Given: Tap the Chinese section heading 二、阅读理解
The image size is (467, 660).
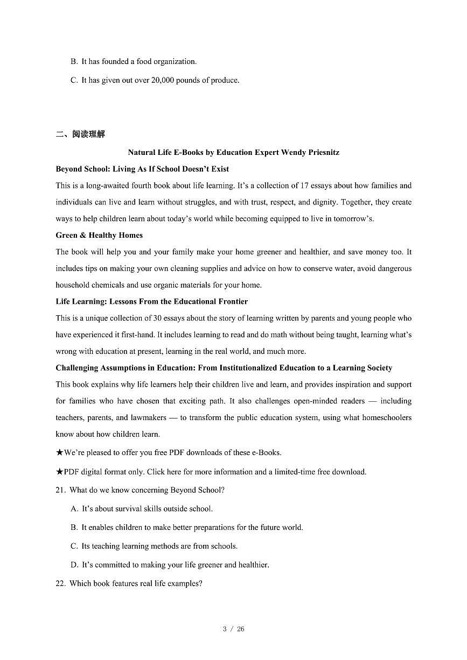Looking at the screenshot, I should pos(80,134).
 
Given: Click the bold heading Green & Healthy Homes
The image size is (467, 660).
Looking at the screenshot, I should pos(99,235).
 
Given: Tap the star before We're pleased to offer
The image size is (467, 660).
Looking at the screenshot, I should pos(59,453).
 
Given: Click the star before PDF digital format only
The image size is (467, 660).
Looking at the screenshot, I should pos(59,472).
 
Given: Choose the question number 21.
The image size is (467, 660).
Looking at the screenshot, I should pos(60,490).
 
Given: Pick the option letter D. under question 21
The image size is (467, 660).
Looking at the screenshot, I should pos(74,565).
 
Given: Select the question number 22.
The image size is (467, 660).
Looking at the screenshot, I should pos(60,584).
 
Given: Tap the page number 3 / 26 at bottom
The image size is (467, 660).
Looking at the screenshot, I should pos(233,629).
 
